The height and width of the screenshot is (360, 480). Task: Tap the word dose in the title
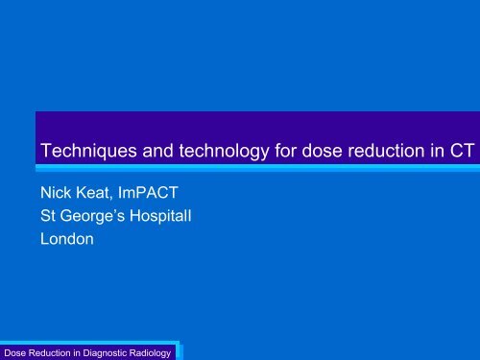coord(295,150)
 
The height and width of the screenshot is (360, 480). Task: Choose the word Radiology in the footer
coord(155,350)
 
